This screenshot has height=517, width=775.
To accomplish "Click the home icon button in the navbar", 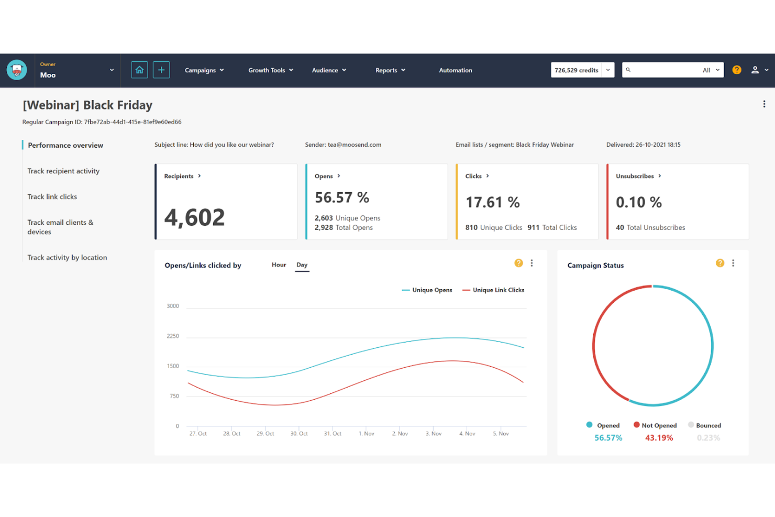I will pyautogui.click(x=139, y=70).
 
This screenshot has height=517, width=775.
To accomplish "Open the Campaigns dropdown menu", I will pyautogui.click(x=204, y=70).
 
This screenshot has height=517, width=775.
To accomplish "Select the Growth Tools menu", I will pyautogui.click(x=270, y=70).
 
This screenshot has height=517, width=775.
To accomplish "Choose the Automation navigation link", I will pyautogui.click(x=455, y=70).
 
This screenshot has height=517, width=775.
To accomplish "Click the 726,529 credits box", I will pyautogui.click(x=576, y=70).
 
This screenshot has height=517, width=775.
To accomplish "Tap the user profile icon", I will pyautogui.click(x=755, y=70).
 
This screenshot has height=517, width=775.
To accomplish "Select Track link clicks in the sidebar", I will pyautogui.click(x=52, y=197).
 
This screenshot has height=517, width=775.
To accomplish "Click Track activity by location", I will pyautogui.click(x=67, y=258).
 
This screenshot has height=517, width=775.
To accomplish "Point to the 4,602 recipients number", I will pyautogui.click(x=194, y=217).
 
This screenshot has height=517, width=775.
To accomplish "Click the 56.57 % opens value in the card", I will pyautogui.click(x=341, y=197).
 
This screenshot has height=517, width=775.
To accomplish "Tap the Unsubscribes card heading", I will pyautogui.click(x=635, y=176).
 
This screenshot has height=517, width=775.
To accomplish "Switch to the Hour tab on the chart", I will pyautogui.click(x=279, y=265).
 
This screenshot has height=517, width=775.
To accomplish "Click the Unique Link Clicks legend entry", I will pyautogui.click(x=498, y=290).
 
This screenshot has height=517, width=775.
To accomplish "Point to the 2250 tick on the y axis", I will pyautogui.click(x=173, y=336).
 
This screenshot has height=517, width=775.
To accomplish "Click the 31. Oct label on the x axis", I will pyautogui.click(x=333, y=434).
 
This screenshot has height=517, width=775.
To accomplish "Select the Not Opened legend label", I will pyautogui.click(x=659, y=425).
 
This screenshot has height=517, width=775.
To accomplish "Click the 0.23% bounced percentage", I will pyautogui.click(x=708, y=438).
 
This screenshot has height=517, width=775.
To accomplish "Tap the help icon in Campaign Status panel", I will pyautogui.click(x=720, y=263).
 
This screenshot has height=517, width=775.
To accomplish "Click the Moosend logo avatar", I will pyautogui.click(x=17, y=70).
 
